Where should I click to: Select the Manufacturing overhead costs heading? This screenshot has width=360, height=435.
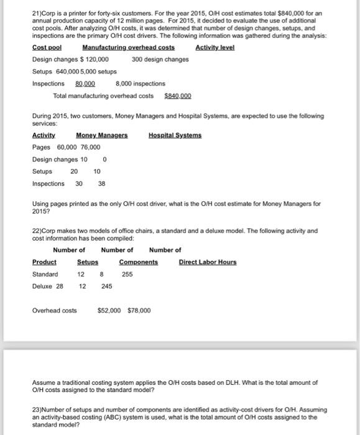[128, 48]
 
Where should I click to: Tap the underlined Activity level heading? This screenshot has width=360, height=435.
[215, 48]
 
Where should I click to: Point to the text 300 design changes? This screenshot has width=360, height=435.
[160, 60]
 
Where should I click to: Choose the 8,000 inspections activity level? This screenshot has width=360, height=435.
[141, 83]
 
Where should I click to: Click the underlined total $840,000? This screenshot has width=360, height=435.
[178, 96]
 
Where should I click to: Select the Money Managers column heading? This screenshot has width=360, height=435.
[101, 135]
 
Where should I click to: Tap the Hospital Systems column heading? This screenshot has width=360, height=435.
[175, 135]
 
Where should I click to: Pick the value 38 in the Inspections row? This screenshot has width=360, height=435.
[102, 183]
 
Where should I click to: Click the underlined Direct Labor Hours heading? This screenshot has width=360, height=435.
[208, 262]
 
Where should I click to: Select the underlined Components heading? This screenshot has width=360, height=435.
[138, 262]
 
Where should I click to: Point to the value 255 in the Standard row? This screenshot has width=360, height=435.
[127, 274]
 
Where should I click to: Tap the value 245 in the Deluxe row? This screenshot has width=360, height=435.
[107, 286]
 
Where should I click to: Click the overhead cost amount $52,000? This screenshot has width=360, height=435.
[111, 311]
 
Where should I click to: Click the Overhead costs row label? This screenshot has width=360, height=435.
[55, 311]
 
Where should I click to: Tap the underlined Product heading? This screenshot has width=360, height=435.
[44, 262]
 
